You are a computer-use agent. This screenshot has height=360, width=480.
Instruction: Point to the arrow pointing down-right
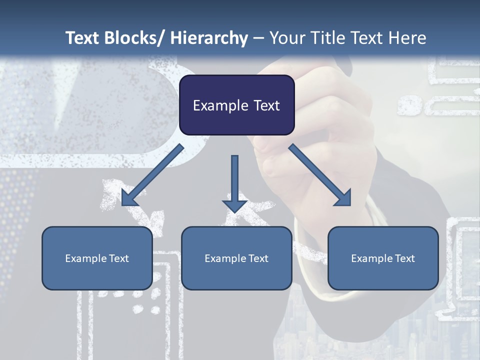pyautogui.click(x=320, y=175)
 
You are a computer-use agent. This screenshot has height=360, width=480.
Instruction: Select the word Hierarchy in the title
pyautogui.click(x=209, y=38)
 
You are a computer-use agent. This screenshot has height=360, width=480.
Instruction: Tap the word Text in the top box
pyautogui.click(x=266, y=105)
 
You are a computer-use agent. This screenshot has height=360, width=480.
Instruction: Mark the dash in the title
pyautogui.click(x=258, y=38)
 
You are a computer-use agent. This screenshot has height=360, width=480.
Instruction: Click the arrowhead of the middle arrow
pyautogui.click(x=234, y=205)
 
